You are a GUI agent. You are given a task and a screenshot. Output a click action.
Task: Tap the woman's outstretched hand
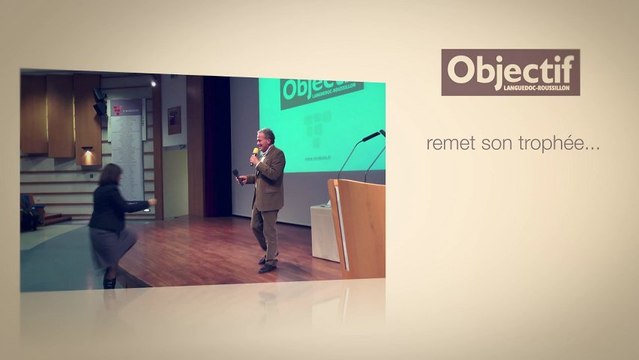[x=152, y=201]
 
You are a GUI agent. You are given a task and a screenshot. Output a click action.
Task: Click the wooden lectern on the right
[x=358, y=226]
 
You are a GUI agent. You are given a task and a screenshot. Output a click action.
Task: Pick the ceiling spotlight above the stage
[x=153, y=84]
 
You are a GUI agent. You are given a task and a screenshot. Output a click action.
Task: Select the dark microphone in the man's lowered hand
[x=237, y=176]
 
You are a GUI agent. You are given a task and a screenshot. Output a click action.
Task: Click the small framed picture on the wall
[x=175, y=120]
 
